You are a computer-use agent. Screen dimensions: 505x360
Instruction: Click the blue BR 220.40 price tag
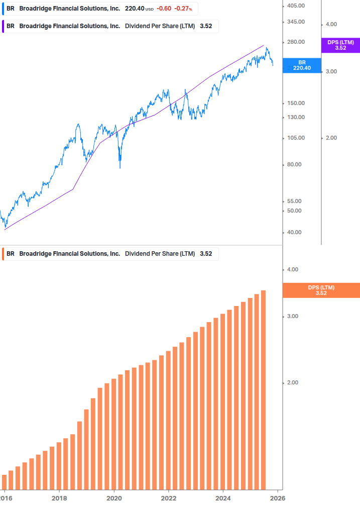[x=302, y=65]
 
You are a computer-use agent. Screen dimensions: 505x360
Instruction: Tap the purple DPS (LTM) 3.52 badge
[x=340, y=45]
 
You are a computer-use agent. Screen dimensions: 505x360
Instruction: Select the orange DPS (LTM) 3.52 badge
[x=321, y=290]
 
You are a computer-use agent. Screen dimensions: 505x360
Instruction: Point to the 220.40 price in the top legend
[x=134, y=9]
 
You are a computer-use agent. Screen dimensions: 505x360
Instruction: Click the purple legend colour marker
[x=4, y=26]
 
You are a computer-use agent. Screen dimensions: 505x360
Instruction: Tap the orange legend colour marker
[x=4, y=254]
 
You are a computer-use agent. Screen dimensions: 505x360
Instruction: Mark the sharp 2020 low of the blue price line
[x=119, y=167]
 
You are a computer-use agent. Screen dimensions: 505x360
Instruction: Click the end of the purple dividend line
[x=264, y=45]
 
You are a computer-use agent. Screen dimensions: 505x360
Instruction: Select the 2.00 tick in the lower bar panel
[x=292, y=383]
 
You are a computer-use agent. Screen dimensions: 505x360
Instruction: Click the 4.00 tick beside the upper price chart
[x=331, y=24]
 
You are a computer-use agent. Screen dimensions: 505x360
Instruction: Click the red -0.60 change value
[x=164, y=9]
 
